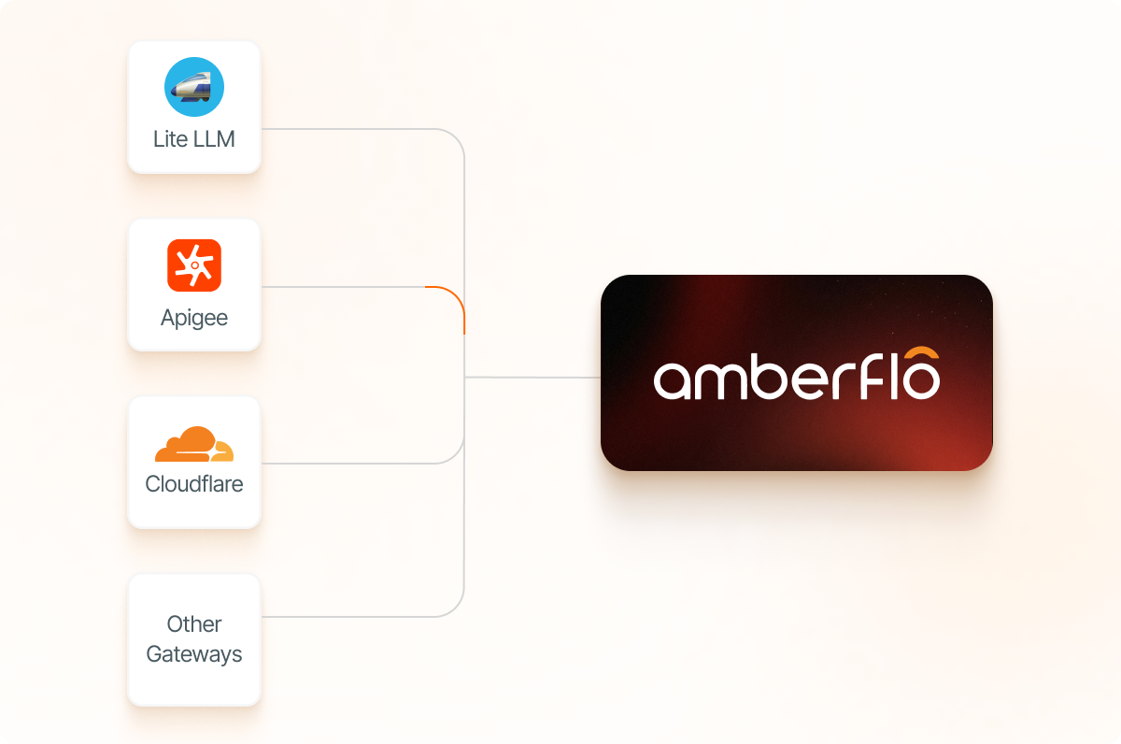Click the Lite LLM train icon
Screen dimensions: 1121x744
coord(194,87)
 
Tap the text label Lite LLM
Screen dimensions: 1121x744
coord(194,139)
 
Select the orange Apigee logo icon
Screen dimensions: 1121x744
coord(194,265)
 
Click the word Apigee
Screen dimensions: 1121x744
coord(194,318)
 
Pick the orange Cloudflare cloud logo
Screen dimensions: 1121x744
coord(194,445)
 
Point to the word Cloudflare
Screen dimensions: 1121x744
coord(194,484)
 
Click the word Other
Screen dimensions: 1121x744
coord(194,623)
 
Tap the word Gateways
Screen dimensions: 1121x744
coord(194,654)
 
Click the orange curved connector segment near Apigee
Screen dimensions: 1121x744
coord(454,299)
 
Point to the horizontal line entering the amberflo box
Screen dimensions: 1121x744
coord(532,378)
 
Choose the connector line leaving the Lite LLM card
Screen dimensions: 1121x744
coord(355,129)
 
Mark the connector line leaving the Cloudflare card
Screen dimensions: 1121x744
coord(355,463)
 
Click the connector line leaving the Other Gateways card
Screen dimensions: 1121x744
coord(355,616)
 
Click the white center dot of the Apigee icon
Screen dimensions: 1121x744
coord(194,265)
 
